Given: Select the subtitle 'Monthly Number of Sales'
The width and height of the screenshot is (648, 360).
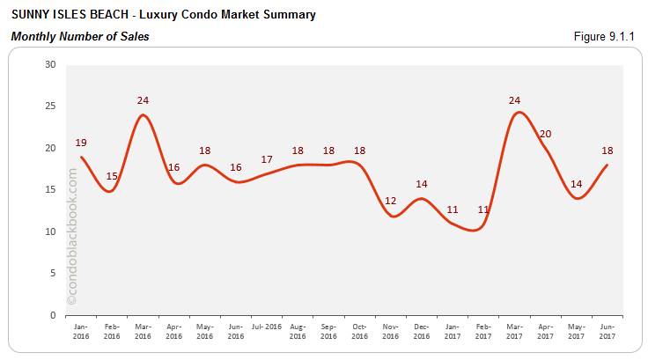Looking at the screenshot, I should click(80, 36).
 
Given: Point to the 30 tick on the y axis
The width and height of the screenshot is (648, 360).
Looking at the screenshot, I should click(50, 65).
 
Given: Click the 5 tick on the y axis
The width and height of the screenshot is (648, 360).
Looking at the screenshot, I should click(53, 273).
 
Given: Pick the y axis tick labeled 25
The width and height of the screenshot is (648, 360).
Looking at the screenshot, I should click(50, 107).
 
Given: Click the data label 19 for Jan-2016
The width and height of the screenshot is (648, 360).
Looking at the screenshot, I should click(81, 142).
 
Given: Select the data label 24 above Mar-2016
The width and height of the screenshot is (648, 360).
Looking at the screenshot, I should click(143, 100).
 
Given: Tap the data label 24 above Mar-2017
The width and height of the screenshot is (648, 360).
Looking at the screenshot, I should click(515, 100).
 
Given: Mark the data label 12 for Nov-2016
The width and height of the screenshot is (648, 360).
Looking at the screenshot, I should click(391, 201).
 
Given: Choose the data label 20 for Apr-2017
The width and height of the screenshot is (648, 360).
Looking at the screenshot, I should click(545, 134).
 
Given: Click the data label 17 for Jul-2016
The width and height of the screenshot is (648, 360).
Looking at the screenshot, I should click(267, 159).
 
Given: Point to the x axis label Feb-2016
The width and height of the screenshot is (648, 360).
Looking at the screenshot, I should click(112, 331).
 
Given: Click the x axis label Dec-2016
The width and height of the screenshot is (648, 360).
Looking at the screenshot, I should click(422, 331).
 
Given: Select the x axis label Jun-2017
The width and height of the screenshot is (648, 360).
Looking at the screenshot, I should click(607, 331).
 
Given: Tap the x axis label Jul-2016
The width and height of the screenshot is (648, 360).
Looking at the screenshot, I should click(267, 327).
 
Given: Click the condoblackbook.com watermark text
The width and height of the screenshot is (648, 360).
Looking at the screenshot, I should click(72, 237).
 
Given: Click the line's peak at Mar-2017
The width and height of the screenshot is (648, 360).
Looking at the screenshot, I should click(519, 112).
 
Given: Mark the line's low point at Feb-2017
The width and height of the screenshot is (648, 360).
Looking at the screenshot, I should click(476, 230).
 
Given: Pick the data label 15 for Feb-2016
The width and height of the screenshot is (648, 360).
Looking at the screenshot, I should click(112, 176).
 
